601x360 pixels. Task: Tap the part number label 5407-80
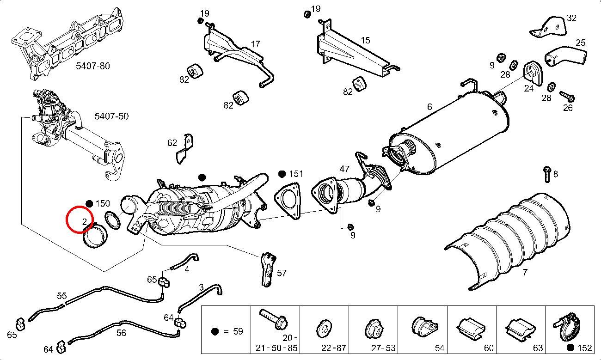[93, 66]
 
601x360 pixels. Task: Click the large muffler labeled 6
[448, 132]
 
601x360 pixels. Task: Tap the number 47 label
[344, 169]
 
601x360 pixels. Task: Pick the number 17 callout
[256, 45]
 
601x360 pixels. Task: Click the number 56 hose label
[121, 332]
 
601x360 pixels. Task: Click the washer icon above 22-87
[324, 328]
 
